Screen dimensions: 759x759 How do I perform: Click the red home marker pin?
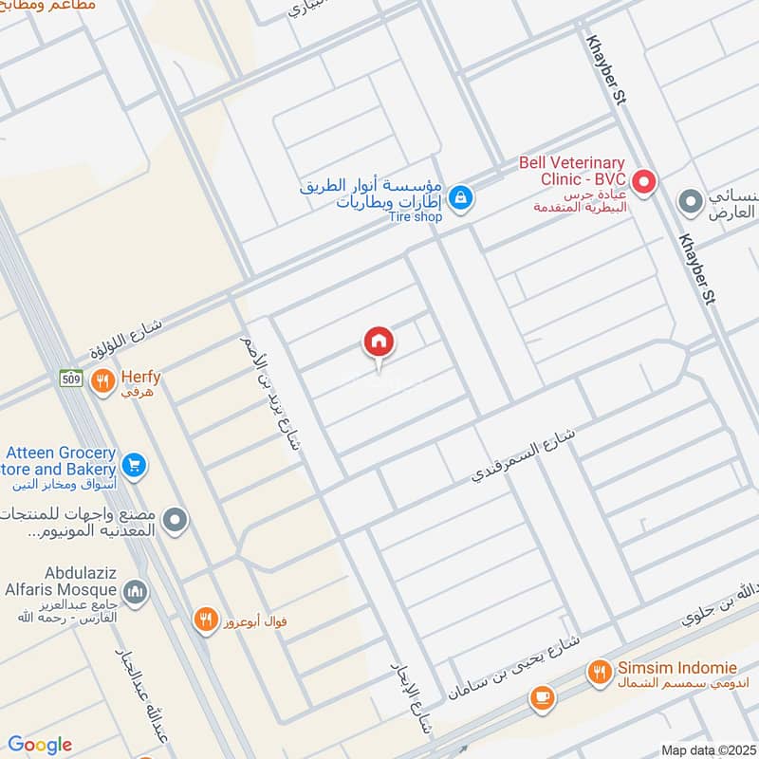point(379,342)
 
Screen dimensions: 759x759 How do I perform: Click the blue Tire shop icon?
point(460,197)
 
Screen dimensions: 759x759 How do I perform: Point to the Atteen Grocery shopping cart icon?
point(134,465)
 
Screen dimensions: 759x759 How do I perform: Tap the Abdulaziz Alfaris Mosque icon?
point(136,592)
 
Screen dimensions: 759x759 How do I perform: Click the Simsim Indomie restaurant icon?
point(599,673)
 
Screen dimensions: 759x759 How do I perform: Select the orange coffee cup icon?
point(542,698)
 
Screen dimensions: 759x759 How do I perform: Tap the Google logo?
point(40,745)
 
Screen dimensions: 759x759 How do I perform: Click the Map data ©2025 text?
point(709,750)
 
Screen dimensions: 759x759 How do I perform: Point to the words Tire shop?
point(417,216)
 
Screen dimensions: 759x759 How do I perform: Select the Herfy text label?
point(139,378)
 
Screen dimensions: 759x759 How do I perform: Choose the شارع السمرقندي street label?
point(523,455)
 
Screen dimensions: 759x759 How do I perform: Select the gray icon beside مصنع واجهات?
point(175,520)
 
